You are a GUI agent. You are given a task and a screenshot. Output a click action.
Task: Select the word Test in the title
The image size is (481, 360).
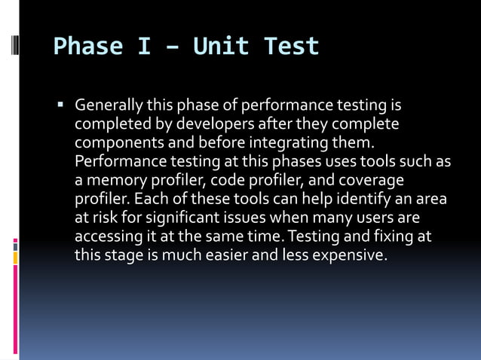tap(292, 47)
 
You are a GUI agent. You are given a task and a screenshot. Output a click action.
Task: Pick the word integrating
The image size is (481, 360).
tap(282, 142)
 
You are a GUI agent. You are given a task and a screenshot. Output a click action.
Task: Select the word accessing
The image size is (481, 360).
tap(104, 238)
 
